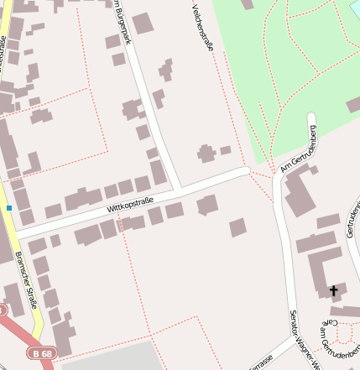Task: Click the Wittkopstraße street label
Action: tap(130, 202)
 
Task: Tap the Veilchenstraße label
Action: tap(203, 28)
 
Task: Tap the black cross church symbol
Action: tap(333, 291)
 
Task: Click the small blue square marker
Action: tap(9, 207)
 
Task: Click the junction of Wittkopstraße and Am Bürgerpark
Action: tap(179, 189)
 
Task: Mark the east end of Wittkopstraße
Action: tap(246, 170)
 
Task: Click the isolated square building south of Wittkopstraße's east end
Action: tap(238, 227)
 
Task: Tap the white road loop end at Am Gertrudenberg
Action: tap(312, 118)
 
